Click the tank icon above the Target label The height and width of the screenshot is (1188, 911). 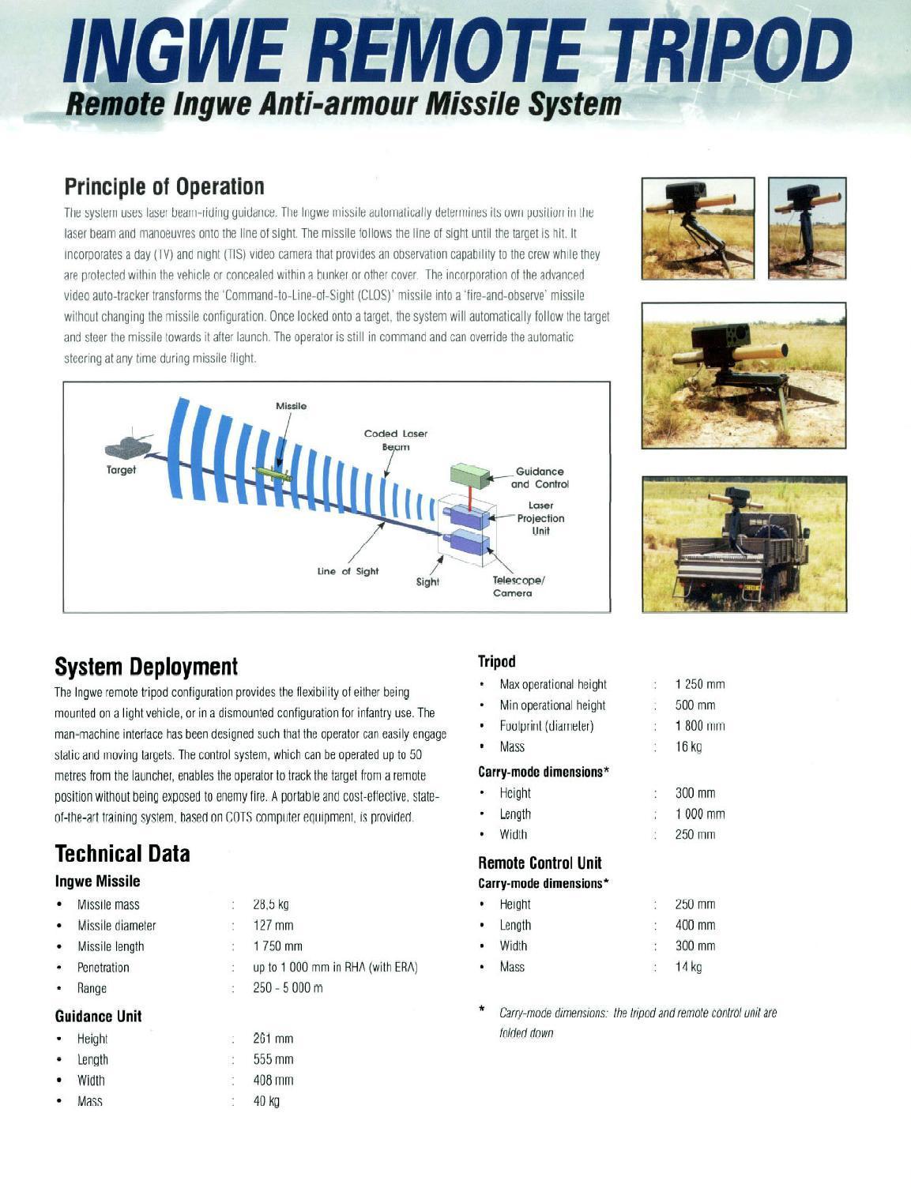tap(128, 445)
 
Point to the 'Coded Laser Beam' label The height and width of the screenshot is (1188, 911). tap(396, 440)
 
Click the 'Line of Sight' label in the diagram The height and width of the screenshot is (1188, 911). tap(348, 571)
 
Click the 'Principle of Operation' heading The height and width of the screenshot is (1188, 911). tap(164, 187)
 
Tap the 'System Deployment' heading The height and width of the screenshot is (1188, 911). tap(146, 667)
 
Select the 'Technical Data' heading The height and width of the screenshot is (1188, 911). tap(122, 854)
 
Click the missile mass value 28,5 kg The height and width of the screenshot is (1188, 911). tap(270, 904)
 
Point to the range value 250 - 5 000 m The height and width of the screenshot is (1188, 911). tap(288, 988)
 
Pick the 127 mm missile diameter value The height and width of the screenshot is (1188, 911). tap(273, 925)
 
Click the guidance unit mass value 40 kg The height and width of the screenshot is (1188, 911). tap(266, 1101)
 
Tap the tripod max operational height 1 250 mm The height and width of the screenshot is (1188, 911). tap(699, 684)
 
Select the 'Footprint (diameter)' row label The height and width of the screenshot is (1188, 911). tap(546, 726)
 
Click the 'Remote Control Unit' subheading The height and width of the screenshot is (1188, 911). tap(540, 863)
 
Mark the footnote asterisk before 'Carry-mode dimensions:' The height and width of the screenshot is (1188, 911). tap(482, 1010)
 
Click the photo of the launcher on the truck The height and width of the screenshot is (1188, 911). tap(743, 544)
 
